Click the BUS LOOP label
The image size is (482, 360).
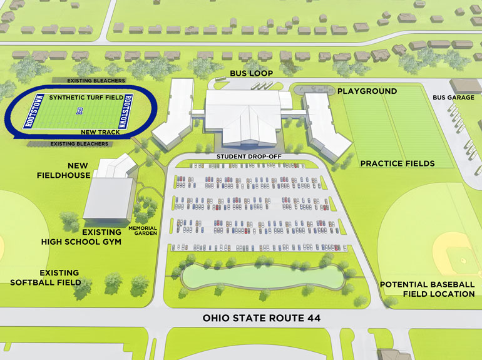(x=251, y=73)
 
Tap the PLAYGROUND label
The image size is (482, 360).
(x=367, y=91)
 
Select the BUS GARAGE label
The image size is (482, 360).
(x=454, y=98)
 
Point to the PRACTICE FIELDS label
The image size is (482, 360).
(x=397, y=163)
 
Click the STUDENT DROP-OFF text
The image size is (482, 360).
(x=243, y=155)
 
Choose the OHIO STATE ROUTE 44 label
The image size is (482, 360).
(x=262, y=319)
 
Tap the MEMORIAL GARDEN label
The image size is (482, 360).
(x=142, y=230)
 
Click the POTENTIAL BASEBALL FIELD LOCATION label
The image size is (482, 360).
(x=428, y=289)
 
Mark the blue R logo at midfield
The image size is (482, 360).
(x=79, y=113)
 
